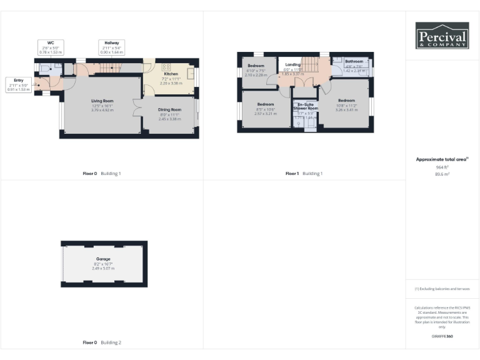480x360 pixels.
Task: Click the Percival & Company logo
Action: (442, 36)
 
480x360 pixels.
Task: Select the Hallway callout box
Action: (112, 47)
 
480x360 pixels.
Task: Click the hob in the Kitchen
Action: (167, 66)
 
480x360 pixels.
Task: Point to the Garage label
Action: (103, 258)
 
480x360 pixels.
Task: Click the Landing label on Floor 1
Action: (292, 64)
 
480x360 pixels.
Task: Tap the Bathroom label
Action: (354, 61)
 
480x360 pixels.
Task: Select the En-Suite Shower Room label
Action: (305, 106)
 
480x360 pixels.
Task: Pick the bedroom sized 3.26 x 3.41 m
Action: (346, 104)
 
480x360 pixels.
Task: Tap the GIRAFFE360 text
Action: (442, 337)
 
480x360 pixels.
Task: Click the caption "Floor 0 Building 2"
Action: (102, 342)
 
